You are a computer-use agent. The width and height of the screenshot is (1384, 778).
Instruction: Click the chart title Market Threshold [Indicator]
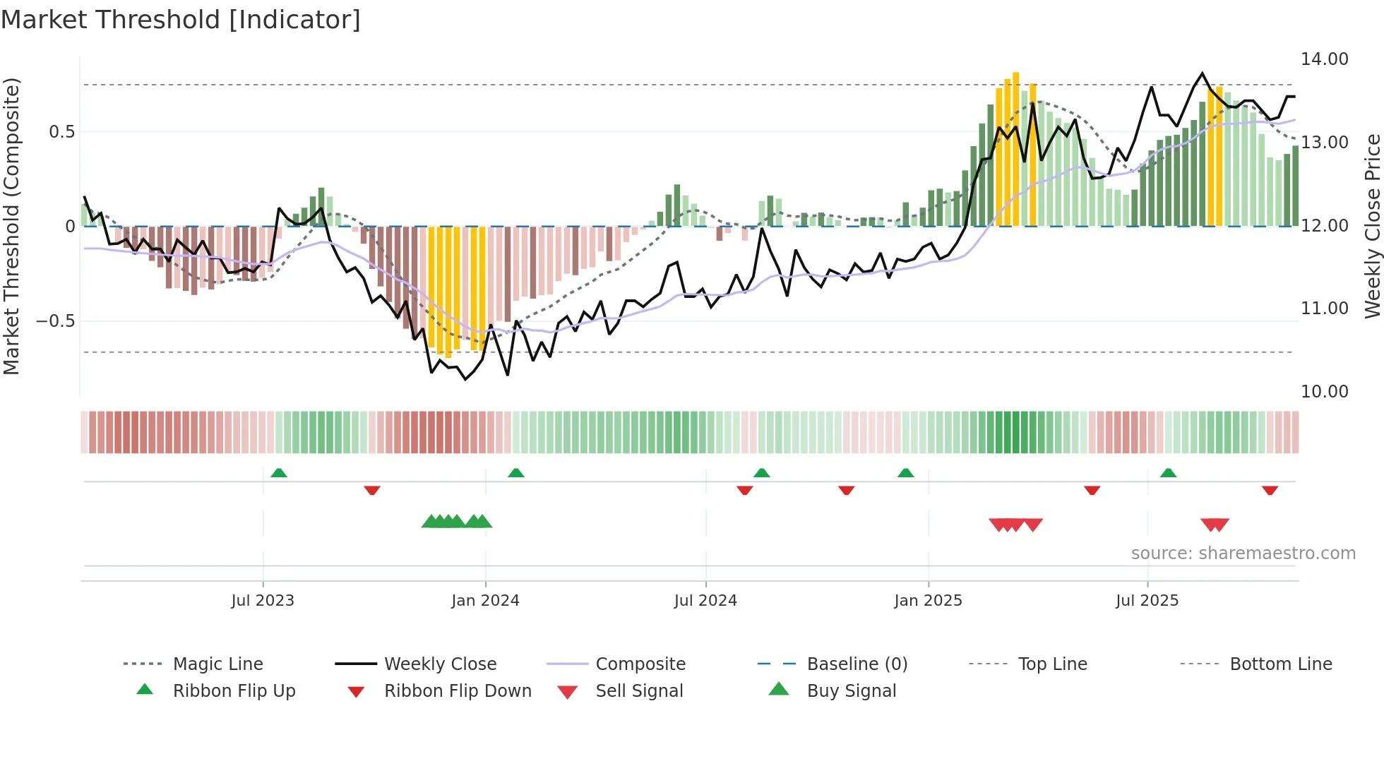pyautogui.click(x=181, y=20)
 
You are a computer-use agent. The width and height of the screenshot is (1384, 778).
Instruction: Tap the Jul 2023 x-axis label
pyautogui.click(x=263, y=601)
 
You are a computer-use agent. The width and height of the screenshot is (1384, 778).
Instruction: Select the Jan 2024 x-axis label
pyautogui.click(x=485, y=601)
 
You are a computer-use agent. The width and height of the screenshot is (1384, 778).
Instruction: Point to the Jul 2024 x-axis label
pyautogui.click(x=705, y=601)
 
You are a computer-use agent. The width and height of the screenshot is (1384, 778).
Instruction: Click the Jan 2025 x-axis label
pyautogui.click(x=928, y=601)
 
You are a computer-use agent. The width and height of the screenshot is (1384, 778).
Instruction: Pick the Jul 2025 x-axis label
pyautogui.click(x=1147, y=601)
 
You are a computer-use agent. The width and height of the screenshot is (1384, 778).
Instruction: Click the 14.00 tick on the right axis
pyautogui.click(x=1325, y=59)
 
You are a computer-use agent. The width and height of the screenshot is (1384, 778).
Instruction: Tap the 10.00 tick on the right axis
pyautogui.click(x=1325, y=392)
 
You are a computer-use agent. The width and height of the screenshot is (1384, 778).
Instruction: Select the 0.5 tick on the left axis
pyautogui.click(x=62, y=132)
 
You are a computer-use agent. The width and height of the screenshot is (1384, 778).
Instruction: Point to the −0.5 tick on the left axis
pyautogui.click(x=56, y=321)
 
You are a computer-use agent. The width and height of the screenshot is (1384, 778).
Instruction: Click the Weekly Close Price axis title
pyautogui.click(x=1372, y=226)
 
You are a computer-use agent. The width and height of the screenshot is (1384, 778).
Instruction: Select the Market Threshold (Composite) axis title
pyautogui.click(x=11, y=226)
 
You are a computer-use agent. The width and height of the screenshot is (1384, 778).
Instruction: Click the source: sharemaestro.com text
pyautogui.click(x=1243, y=553)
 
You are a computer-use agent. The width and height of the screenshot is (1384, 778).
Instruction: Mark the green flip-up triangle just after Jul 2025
pyautogui.click(x=1169, y=473)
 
